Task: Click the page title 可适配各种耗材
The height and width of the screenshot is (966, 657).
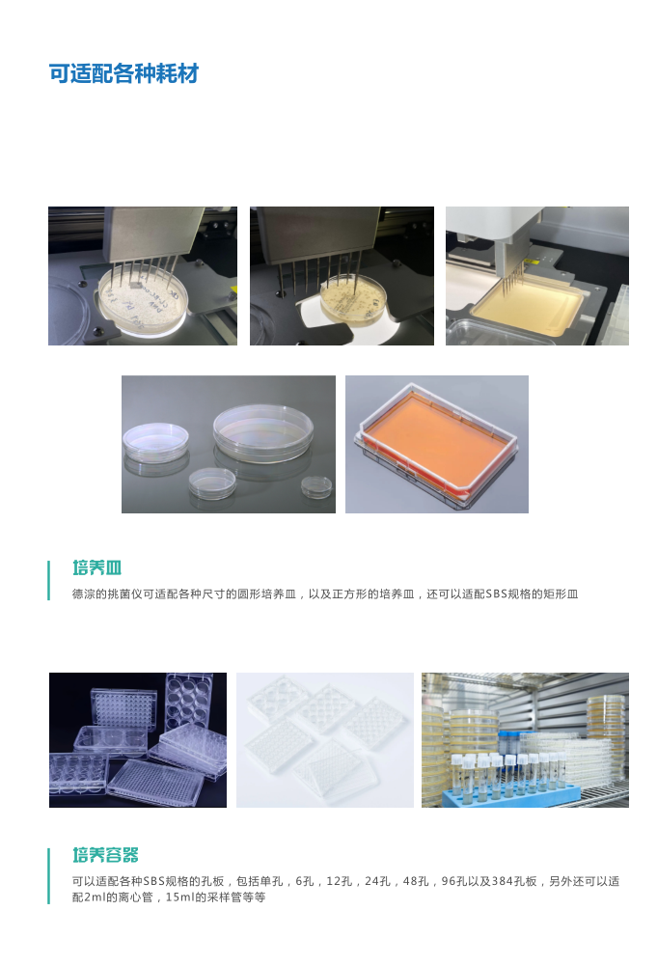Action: (x=123, y=74)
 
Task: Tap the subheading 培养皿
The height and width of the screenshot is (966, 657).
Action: (x=96, y=567)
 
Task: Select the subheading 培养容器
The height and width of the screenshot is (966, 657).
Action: (x=106, y=855)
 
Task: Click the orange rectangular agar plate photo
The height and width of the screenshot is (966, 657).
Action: (x=436, y=444)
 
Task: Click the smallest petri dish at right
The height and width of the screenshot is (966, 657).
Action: (x=315, y=485)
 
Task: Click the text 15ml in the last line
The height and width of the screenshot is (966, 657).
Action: (x=182, y=897)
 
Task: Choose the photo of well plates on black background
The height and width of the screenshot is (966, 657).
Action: (x=138, y=740)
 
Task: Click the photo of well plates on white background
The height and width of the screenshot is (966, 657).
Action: (x=325, y=740)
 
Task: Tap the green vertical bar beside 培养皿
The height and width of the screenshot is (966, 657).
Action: (x=49, y=580)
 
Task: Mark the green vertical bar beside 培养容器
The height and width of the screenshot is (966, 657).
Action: (x=49, y=876)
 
